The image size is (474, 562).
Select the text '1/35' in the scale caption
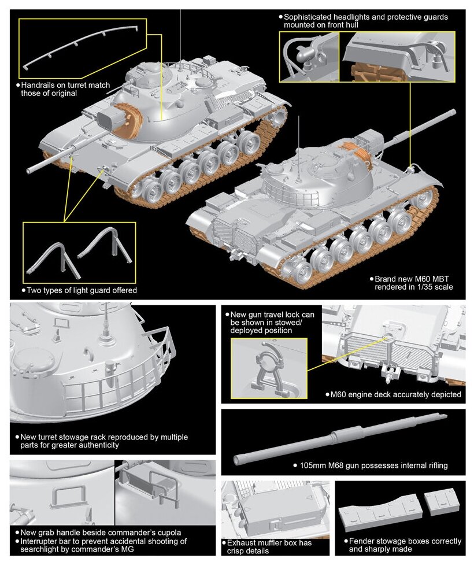420,287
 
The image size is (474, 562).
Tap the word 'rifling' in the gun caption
432,465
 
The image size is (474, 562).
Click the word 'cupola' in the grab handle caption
169,533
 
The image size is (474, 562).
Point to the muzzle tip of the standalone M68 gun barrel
237,460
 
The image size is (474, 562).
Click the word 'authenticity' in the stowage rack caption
95,446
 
